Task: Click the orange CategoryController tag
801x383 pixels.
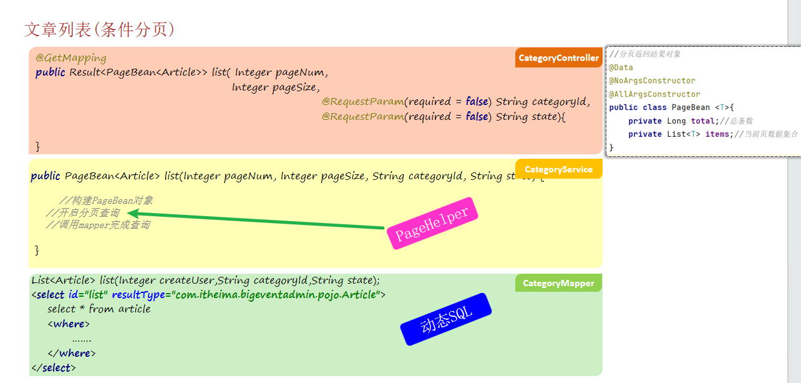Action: tap(558, 58)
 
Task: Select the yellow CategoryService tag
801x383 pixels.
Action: tap(558, 169)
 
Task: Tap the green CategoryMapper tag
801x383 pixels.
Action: tap(558, 283)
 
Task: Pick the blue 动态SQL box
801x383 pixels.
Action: tap(446, 319)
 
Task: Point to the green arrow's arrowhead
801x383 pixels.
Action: tap(133, 214)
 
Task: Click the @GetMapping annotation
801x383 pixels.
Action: tap(70, 57)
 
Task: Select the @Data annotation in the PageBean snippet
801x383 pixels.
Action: tap(621, 67)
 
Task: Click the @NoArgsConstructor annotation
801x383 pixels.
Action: tap(652, 81)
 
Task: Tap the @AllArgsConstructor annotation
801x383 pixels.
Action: tap(654, 94)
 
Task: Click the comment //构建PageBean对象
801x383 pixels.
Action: tap(105, 201)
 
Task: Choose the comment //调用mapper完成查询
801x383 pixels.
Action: tap(98, 225)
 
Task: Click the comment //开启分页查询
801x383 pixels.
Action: tap(83, 213)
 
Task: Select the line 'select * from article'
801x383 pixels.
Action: tap(99, 309)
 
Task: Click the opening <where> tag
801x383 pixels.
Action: tap(69, 324)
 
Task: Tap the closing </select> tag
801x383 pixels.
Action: tap(53, 367)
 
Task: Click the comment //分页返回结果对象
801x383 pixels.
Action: tap(645, 54)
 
